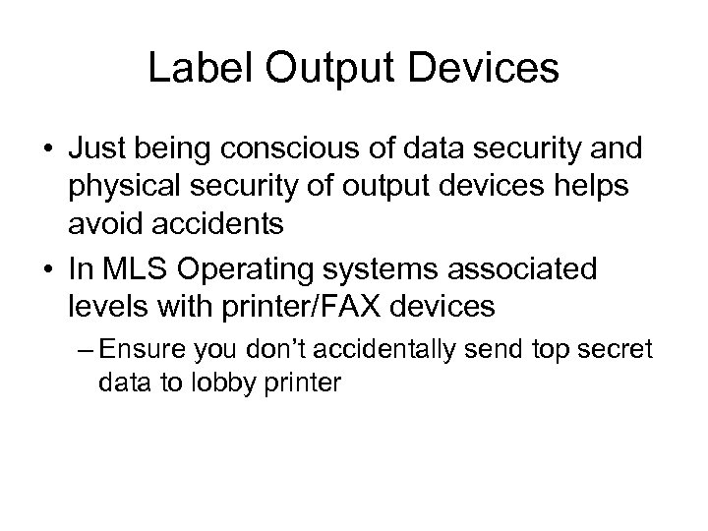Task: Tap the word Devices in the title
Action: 488,70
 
